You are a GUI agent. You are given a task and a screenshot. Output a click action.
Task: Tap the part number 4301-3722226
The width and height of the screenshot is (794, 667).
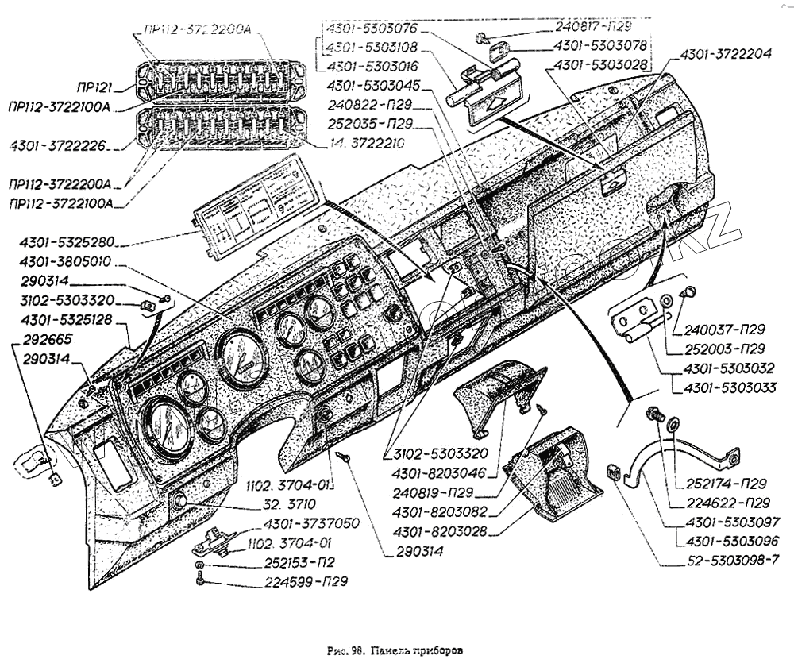click(60, 145)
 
